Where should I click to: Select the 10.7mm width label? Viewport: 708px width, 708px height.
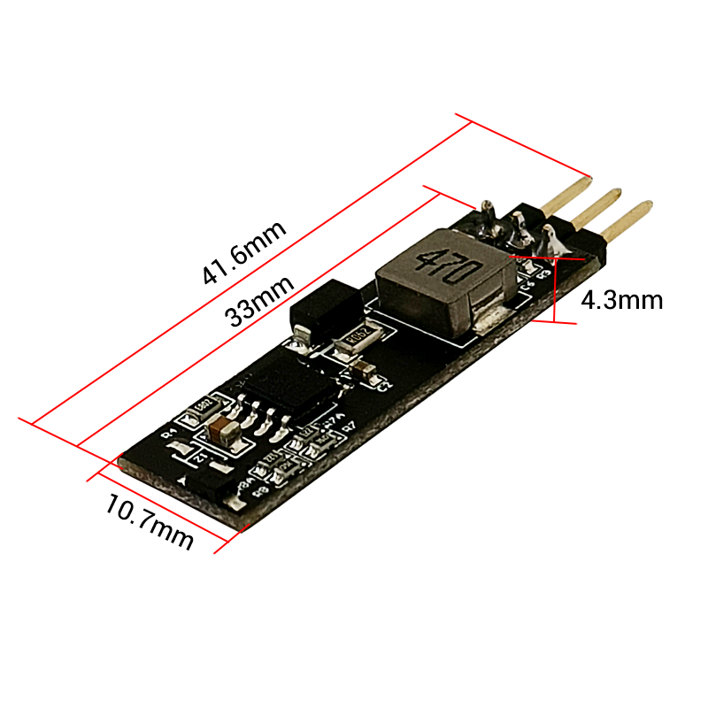click(149, 521)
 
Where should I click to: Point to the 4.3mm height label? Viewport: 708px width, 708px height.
click(621, 300)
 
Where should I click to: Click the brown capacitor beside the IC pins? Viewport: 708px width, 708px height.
click(219, 431)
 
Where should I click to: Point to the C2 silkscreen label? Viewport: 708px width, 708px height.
click(382, 385)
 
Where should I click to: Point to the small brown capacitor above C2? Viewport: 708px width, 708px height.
click(362, 366)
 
